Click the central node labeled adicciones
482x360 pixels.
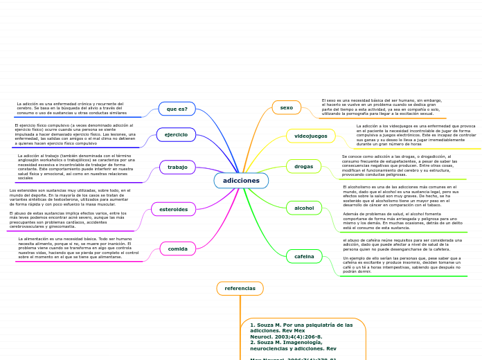click(241, 181)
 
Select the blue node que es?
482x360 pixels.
click(177, 109)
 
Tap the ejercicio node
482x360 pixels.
click(176, 134)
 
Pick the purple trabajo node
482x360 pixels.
click(177, 167)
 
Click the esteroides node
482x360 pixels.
click(173, 209)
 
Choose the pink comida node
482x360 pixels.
click(177, 249)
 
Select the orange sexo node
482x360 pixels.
click(286, 107)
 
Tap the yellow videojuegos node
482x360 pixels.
click(310, 136)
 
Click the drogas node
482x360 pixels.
click(303, 166)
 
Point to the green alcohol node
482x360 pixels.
click(304, 208)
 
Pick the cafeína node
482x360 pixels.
click(304, 256)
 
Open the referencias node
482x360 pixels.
click(240, 288)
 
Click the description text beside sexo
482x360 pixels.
click(382, 107)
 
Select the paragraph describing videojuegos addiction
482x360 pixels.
click(416, 134)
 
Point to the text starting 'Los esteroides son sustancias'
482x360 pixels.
click(69, 197)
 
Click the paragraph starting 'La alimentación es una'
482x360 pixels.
click(78, 248)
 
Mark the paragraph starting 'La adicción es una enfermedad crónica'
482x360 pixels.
click(71, 108)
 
